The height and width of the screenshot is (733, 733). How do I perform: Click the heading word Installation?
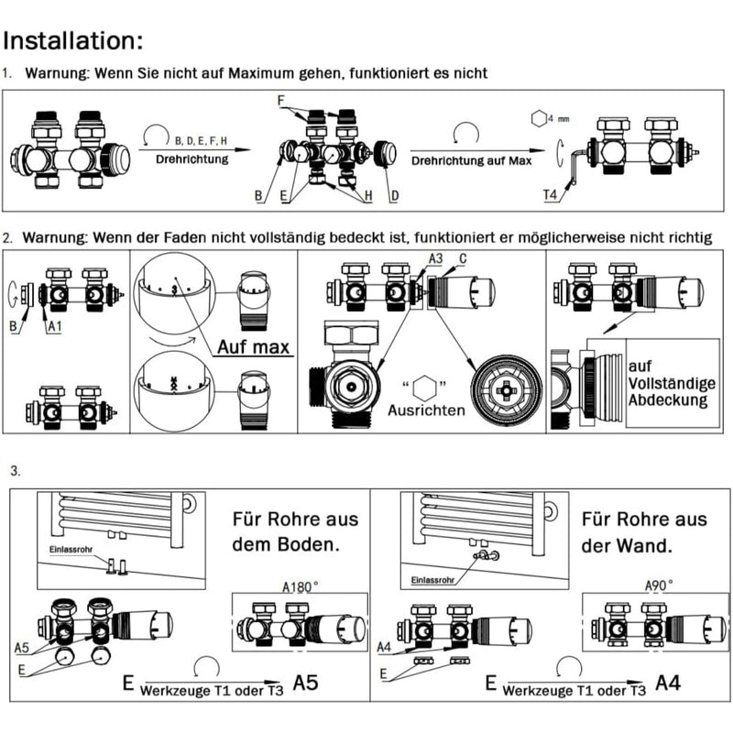pos(73,40)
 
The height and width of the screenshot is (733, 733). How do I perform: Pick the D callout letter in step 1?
pos(394,196)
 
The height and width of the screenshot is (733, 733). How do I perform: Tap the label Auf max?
pos(253,347)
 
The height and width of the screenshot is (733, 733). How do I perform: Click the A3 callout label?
pos(438,260)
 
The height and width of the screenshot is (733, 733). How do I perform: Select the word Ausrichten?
pos(426,410)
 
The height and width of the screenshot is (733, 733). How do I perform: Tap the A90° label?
pos(658,583)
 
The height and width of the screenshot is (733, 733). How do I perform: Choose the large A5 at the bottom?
pos(311,683)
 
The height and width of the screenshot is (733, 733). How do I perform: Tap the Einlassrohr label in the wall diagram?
pos(432,580)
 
